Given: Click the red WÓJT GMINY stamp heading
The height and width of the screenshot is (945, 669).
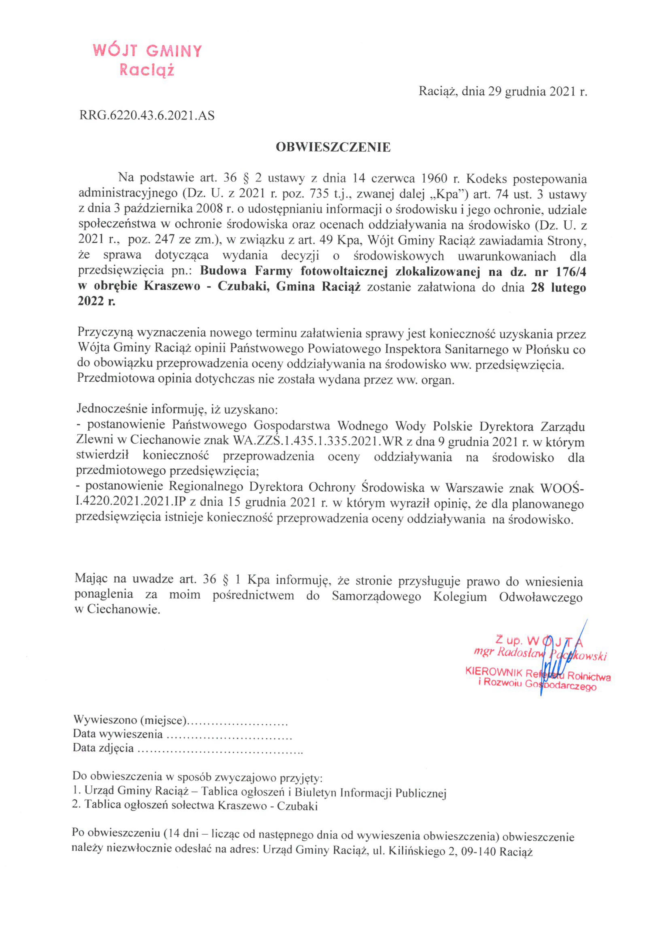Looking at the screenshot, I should coord(147,51).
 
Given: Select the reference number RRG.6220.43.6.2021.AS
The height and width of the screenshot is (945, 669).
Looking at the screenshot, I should coord(147,116).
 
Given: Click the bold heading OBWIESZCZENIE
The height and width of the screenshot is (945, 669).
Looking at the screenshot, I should coord(333,147).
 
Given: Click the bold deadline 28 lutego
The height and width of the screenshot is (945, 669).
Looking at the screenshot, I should coord(558,287).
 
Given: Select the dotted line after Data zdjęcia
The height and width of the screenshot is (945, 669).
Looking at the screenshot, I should coord(220,748).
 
